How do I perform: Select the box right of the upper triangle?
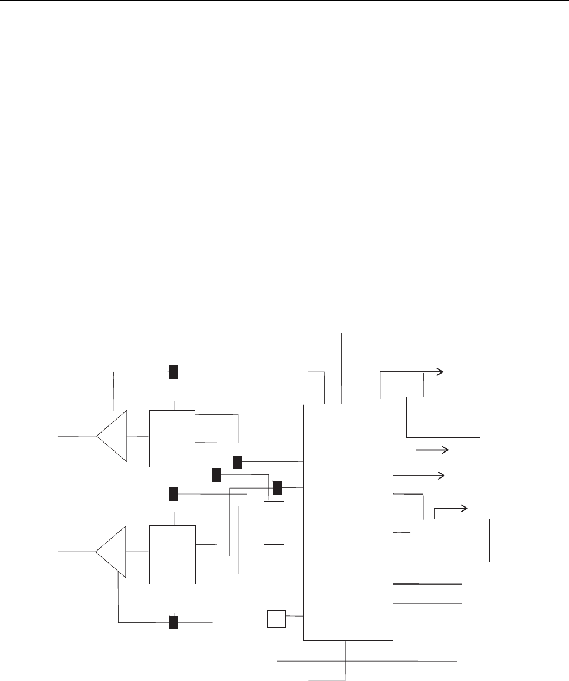[172, 438]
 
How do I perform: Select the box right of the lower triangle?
[172, 554]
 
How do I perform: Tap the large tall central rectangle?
[348, 522]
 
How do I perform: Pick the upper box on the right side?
[443, 417]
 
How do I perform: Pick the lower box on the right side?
[450, 540]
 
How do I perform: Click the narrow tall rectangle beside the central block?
[274, 523]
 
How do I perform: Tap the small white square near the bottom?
[276, 619]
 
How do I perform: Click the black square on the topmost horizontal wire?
[174, 372]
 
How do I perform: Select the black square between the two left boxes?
[174, 494]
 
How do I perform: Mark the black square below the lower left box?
[174, 623]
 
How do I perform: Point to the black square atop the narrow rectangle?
[277, 488]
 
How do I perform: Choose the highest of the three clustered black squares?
[237, 462]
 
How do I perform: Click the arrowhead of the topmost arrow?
[440, 371]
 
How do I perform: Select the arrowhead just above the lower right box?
[465, 508]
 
